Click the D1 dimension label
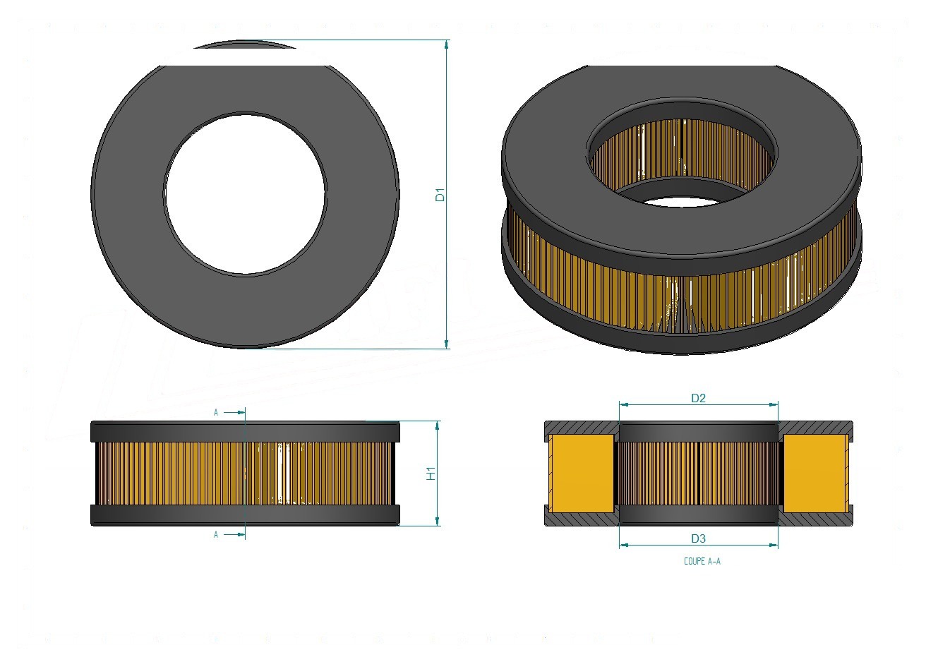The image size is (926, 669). pos(440,195)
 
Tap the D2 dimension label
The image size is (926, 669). pos(698,398)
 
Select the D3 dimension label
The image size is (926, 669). pos(698,538)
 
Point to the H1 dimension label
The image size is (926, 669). pos(431,474)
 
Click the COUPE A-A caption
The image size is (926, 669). pos(702,561)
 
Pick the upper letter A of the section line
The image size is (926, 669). pos(216,412)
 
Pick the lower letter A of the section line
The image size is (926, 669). pos(216,535)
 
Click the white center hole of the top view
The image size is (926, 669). pos(246,194)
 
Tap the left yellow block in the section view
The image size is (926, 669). pos(582,473)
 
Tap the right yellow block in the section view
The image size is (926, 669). pos(816,473)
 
